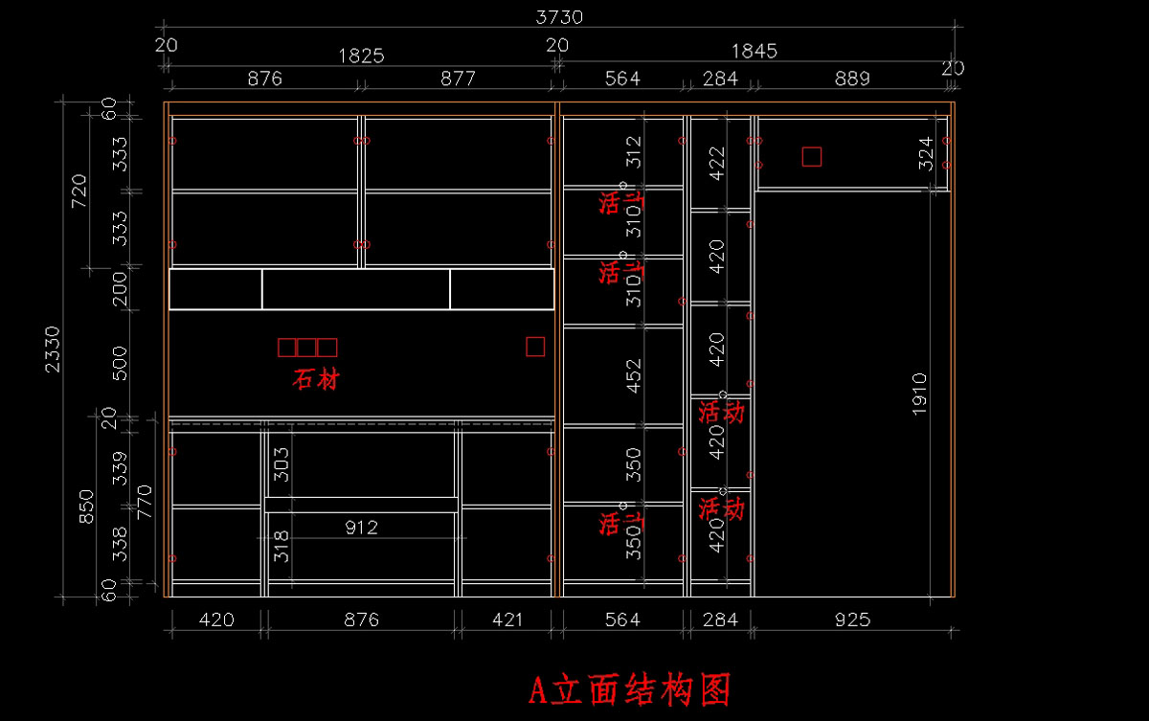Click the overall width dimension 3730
click(559, 17)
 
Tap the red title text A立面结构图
click(631, 688)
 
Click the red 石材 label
click(316, 380)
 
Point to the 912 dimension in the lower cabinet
click(361, 527)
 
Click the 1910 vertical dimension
click(919, 394)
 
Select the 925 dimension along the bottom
click(852, 620)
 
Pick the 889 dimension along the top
click(852, 79)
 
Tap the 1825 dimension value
click(361, 56)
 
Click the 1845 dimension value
click(755, 51)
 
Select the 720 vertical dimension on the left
click(79, 190)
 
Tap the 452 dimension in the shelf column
click(633, 376)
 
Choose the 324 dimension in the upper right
click(926, 154)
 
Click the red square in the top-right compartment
click(812, 156)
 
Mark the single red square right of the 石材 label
click(535, 347)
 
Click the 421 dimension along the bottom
click(507, 620)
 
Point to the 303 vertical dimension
click(282, 464)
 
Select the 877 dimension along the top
click(458, 79)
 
